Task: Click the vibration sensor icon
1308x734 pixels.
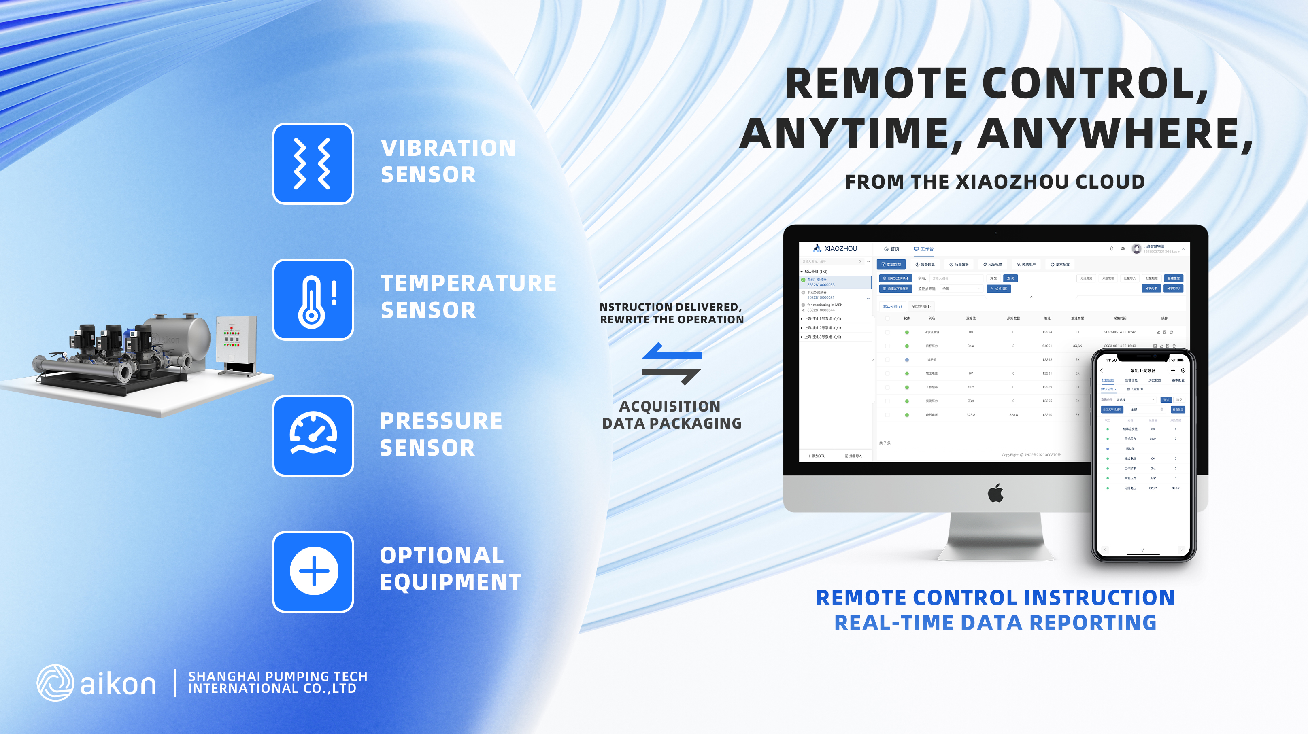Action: (x=313, y=163)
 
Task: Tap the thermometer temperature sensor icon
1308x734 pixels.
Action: (x=313, y=299)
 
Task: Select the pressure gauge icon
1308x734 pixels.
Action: (x=313, y=435)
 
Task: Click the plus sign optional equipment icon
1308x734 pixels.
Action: (x=313, y=572)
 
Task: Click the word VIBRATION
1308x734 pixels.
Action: (x=448, y=148)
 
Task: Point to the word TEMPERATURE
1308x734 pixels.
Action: (x=468, y=283)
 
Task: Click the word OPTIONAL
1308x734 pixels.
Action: (x=442, y=555)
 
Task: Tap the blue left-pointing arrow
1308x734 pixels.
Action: (x=671, y=351)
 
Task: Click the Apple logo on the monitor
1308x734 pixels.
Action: (x=995, y=493)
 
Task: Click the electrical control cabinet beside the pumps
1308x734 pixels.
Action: (x=236, y=340)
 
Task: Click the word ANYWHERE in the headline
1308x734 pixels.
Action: (x=1114, y=134)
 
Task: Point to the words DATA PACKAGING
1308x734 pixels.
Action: (x=671, y=423)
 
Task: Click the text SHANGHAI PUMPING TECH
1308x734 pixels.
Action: (x=277, y=676)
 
